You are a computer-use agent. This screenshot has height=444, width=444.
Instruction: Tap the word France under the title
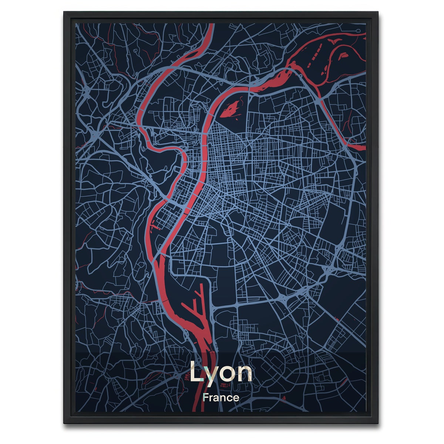point(221,398)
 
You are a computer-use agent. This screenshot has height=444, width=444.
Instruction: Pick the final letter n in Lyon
point(245,373)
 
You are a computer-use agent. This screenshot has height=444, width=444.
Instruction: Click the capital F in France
point(205,398)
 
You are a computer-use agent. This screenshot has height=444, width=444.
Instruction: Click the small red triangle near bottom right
point(284,397)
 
